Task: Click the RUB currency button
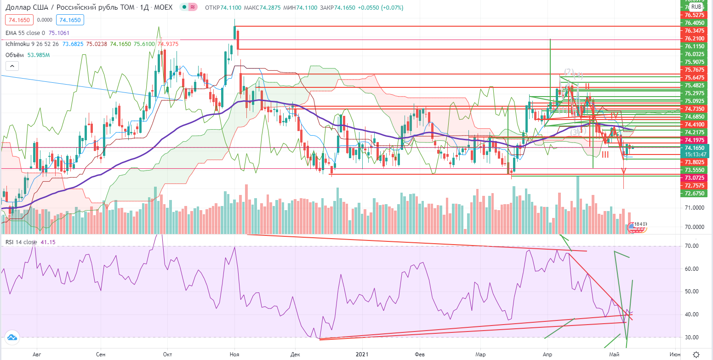(x=696, y=6)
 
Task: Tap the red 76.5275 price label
(x=694, y=15)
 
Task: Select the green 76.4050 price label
(x=694, y=23)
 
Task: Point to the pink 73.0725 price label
(x=694, y=178)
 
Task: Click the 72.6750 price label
(x=694, y=194)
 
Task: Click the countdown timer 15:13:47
(x=695, y=154)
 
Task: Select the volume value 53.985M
(x=40, y=55)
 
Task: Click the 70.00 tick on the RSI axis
(x=691, y=246)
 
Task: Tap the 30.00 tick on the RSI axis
(x=691, y=337)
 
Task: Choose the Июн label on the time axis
(x=675, y=354)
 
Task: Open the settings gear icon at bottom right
(x=696, y=354)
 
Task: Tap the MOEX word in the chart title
(x=165, y=7)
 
